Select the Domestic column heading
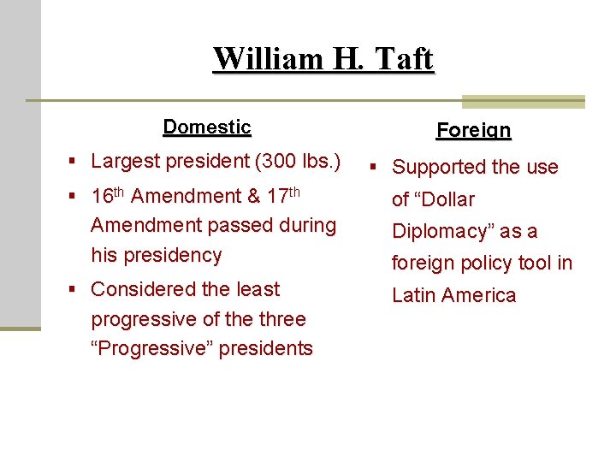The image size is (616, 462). click(207, 127)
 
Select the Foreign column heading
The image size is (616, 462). click(473, 130)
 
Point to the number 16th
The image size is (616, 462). click(108, 195)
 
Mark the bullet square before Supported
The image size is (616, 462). click(375, 168)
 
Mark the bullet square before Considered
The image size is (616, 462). click(75, 290)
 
